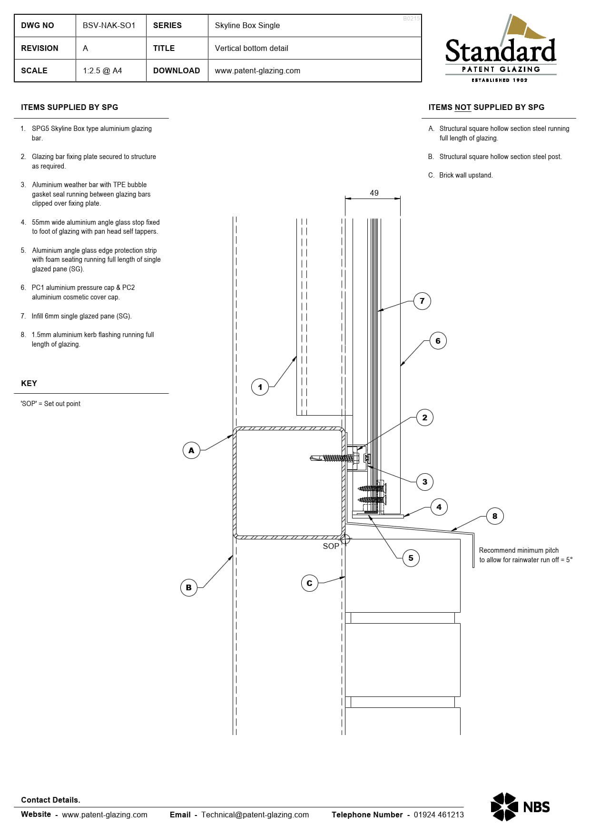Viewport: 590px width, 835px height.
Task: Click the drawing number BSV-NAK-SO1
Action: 109,25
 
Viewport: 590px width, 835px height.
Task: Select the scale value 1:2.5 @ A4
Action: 102,70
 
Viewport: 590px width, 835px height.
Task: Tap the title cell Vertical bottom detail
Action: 251,48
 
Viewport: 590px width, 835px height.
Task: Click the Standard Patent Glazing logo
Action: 501,50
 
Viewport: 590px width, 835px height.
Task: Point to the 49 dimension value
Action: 374,193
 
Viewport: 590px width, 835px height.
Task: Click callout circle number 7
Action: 422,301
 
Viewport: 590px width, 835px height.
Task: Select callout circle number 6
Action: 438,341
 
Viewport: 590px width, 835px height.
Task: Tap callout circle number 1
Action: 260,387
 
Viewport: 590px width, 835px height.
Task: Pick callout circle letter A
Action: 191,450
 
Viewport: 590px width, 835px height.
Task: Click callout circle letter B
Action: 189,587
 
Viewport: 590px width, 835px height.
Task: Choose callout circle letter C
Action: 310,583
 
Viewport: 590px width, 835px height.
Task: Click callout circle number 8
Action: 495,516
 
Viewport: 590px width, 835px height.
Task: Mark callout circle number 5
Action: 411,558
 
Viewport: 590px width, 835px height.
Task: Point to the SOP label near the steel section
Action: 331,546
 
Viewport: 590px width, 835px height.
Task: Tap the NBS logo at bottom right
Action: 520,807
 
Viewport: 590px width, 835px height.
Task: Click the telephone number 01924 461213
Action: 438,815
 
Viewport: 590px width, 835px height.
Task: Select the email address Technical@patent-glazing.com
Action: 255,815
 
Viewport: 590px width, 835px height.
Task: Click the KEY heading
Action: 29,383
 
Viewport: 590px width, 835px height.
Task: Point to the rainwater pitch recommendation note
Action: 525,555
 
